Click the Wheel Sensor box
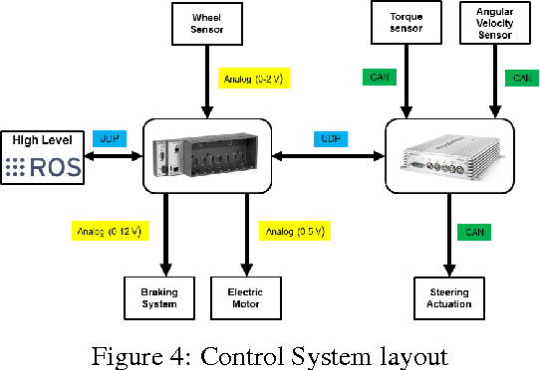click(207, 22)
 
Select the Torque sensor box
click(405, 22)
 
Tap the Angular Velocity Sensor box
click(494, 22)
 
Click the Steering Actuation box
click(448, 298)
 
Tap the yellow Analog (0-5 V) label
click(294, 232)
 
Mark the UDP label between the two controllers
click(329, 138)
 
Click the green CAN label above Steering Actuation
click(473, 232)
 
